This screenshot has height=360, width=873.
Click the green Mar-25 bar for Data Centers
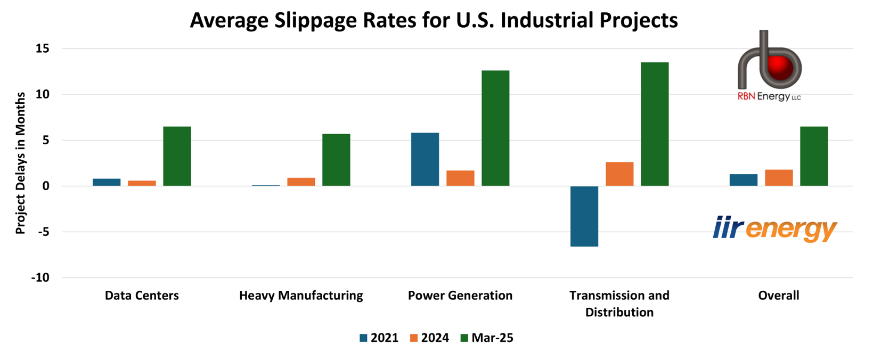[177, 156]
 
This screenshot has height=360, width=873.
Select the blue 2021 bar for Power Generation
[425, 159]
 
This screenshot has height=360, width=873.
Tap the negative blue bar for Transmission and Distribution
[584, 216]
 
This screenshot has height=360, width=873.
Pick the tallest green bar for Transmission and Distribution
[655, 124]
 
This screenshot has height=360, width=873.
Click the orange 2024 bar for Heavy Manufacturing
[301, 182]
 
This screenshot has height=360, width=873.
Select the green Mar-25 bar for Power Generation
[495, 128]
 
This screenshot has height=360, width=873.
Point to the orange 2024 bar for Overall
[779, 178]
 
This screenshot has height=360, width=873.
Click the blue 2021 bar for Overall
[744, 180]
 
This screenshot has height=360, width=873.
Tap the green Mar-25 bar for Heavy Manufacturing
[336, 160]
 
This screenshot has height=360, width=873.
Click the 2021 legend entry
[379, 338]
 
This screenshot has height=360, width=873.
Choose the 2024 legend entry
[429, 338]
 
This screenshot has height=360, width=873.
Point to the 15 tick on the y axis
[43, 48]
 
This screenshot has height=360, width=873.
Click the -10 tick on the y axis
[40, 277]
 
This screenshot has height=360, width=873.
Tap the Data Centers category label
[142, 296]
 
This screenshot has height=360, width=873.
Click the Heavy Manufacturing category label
[301, 296]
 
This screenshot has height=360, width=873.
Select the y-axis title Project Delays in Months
[20, 163]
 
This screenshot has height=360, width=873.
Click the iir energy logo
[775, 228]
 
